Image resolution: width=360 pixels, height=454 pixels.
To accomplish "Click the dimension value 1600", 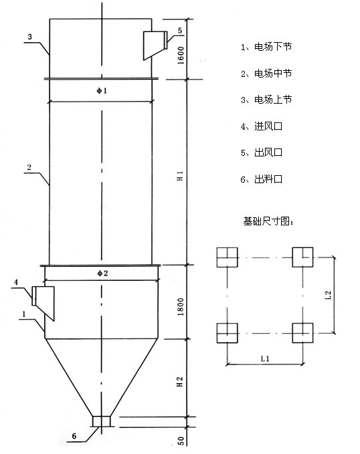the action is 181,55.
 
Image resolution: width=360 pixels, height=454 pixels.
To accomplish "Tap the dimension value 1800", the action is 181,307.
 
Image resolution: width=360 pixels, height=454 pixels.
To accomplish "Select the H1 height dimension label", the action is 180,176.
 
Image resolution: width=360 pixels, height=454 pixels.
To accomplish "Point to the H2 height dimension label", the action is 180,382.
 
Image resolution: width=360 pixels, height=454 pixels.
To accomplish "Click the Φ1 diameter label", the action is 102,91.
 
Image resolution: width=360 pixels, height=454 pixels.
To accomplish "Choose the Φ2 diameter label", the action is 102,273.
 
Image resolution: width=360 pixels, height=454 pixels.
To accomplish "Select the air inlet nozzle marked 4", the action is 43,303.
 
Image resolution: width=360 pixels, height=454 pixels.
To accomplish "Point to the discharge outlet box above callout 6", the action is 102,421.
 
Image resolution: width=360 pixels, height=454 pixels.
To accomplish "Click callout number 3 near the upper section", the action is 29,37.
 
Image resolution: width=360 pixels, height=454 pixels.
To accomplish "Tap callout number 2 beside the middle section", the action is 29,167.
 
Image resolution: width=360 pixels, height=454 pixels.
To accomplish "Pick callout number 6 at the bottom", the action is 74,436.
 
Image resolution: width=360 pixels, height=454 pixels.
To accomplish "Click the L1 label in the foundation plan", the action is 265,359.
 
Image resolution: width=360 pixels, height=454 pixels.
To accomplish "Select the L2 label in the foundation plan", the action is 328,295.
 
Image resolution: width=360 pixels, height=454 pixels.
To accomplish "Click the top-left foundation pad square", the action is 228,257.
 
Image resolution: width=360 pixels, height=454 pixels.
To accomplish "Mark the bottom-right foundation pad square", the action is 302,333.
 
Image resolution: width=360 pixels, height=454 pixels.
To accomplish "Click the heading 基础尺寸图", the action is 268,221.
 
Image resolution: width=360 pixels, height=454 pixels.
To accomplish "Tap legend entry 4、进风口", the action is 262,126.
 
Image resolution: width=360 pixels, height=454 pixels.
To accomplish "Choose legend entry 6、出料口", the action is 262,179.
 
